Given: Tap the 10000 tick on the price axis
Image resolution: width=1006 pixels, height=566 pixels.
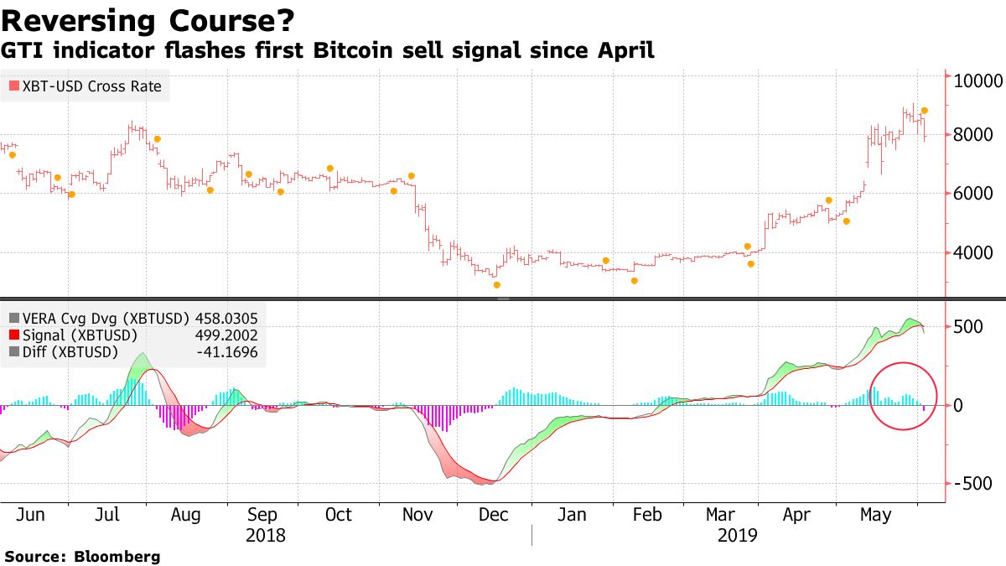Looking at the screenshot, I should tap(979, 81).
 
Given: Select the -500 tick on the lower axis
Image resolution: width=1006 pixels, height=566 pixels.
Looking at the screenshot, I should tap(972, 484).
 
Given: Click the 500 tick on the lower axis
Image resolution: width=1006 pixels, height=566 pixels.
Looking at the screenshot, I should tap(969, 326).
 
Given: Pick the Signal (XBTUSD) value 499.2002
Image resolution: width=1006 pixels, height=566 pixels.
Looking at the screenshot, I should tap(226, 335).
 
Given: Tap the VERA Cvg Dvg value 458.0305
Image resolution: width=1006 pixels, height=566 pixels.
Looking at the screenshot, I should tap(226, 319).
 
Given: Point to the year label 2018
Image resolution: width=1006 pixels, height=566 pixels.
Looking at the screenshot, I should tap(266, 535).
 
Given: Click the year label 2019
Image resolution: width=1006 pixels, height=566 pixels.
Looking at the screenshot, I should tap(738, 535).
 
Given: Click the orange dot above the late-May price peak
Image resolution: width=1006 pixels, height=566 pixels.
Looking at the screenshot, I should tap(924, 111).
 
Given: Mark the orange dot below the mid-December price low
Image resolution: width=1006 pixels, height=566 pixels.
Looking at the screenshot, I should tap(497, 285).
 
